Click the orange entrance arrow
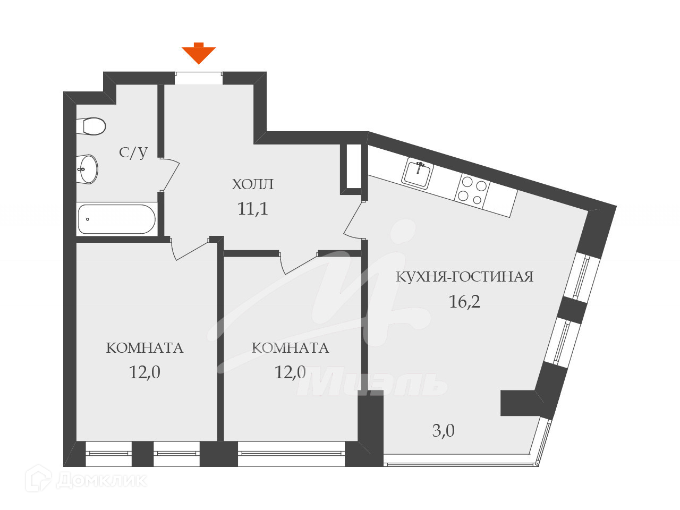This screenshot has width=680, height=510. tap(199, 54)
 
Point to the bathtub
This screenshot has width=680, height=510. tap(116, 219)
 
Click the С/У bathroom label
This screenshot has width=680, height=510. tap(133, 152)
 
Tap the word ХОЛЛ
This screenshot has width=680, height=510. tap(253, 184)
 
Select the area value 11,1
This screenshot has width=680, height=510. tap(253, 209)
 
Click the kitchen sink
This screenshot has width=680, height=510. tap(418, 173)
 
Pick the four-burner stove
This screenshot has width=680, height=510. tap(472, 190)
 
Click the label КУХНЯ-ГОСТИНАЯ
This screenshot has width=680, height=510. tap(465, 277)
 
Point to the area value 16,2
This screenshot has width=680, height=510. tap(464, 302)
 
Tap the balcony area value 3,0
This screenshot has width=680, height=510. tap(443, 430)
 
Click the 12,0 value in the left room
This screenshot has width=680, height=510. tap(144, 372)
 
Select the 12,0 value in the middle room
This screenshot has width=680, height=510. tap(290, 372)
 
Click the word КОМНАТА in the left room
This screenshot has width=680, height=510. tap(144, 348)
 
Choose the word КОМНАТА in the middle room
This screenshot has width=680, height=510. tap(290, 348)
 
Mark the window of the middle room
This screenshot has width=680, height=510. tap(291, 454)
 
